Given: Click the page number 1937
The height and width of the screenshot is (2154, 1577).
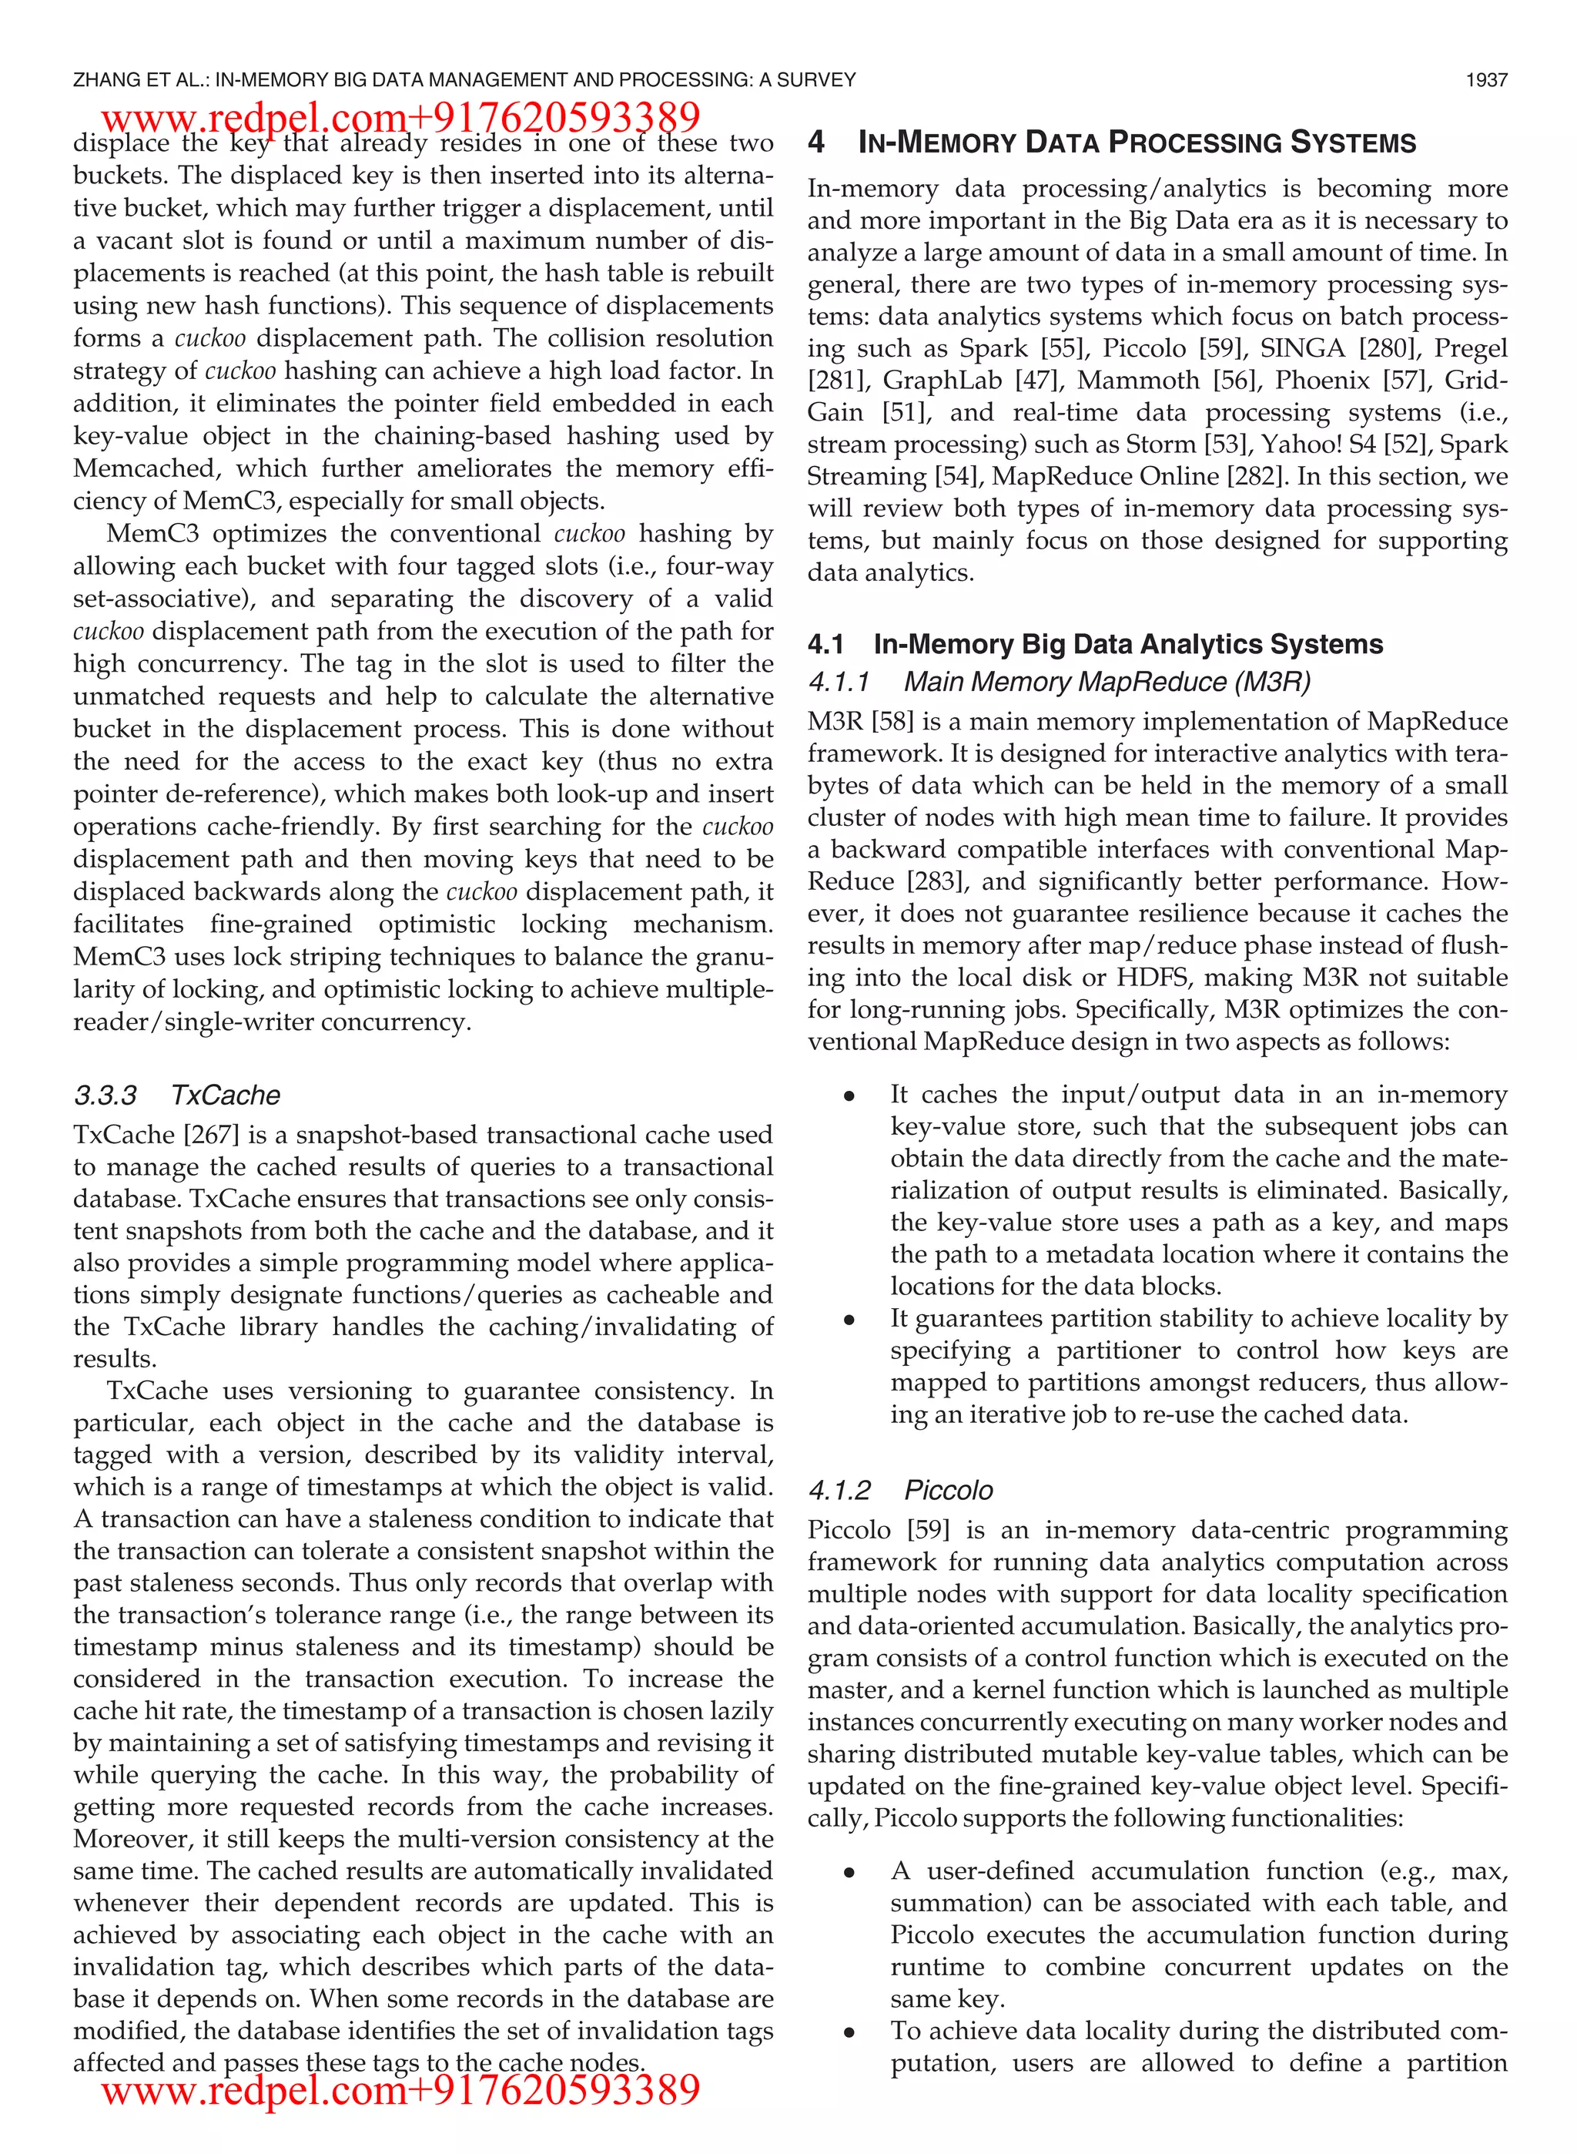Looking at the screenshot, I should pyautogui.click(x=1486, y=80).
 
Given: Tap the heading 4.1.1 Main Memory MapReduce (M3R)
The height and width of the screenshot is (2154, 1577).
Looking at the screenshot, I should pyautogui.click(x=1059, y=682).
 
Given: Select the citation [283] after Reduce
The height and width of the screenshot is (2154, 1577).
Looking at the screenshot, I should pyautogui.click(x=936, y=881).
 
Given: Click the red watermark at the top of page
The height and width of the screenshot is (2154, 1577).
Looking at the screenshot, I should pyautogui.click(x=401, y=117).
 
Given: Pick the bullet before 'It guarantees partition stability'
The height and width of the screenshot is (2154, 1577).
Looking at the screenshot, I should pyautogui.click(x=849, y=1320).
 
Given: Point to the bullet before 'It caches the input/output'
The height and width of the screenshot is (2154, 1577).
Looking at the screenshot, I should pyautogui.click(x=849, y=1097).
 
